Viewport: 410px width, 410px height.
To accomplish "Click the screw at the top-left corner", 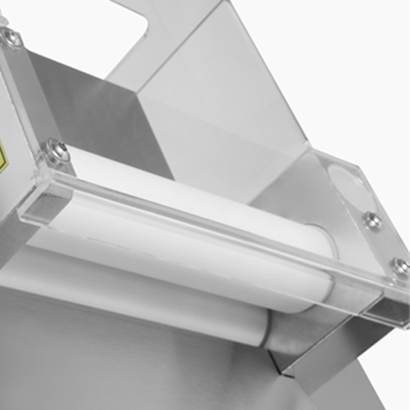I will point(12,36).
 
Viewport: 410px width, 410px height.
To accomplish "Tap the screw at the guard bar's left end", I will point(57,151).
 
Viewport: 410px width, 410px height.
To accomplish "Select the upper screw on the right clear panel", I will point(372,220).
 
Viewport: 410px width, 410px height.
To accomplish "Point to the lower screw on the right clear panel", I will point(399,266).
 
